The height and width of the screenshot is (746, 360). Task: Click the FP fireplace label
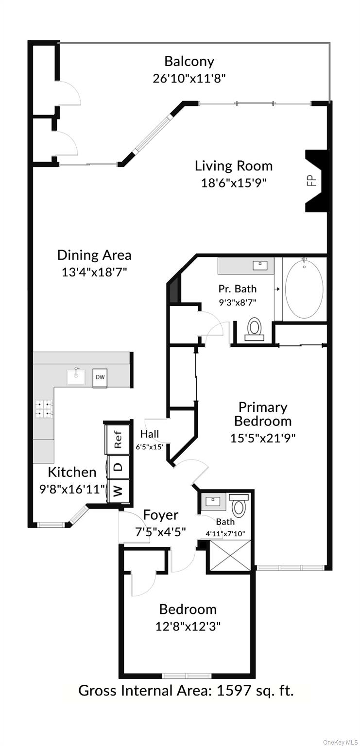311,181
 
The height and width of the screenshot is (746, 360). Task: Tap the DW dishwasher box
100,377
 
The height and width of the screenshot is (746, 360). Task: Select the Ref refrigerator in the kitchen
117,439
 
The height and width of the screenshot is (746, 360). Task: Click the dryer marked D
118,466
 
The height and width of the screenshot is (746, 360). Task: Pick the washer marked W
118,491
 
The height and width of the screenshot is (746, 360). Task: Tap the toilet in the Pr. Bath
254,329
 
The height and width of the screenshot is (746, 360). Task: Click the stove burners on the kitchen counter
44,408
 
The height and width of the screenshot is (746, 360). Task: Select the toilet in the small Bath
239,507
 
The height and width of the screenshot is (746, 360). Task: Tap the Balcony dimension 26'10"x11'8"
189,78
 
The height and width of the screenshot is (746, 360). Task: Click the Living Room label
234,166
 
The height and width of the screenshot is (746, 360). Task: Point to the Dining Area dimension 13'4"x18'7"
94,272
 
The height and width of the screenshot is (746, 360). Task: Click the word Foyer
160,515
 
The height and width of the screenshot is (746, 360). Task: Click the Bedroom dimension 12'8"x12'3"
188,626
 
